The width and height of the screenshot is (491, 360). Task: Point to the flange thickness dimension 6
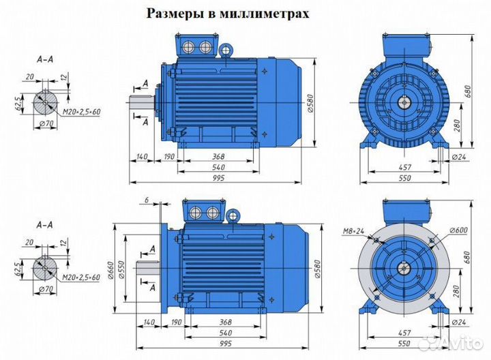pos(146,199)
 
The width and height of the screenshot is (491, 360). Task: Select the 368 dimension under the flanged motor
pos(218,323)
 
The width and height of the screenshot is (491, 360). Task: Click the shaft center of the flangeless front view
pos(405,103)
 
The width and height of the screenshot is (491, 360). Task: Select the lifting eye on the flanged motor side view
pos(234,215)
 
